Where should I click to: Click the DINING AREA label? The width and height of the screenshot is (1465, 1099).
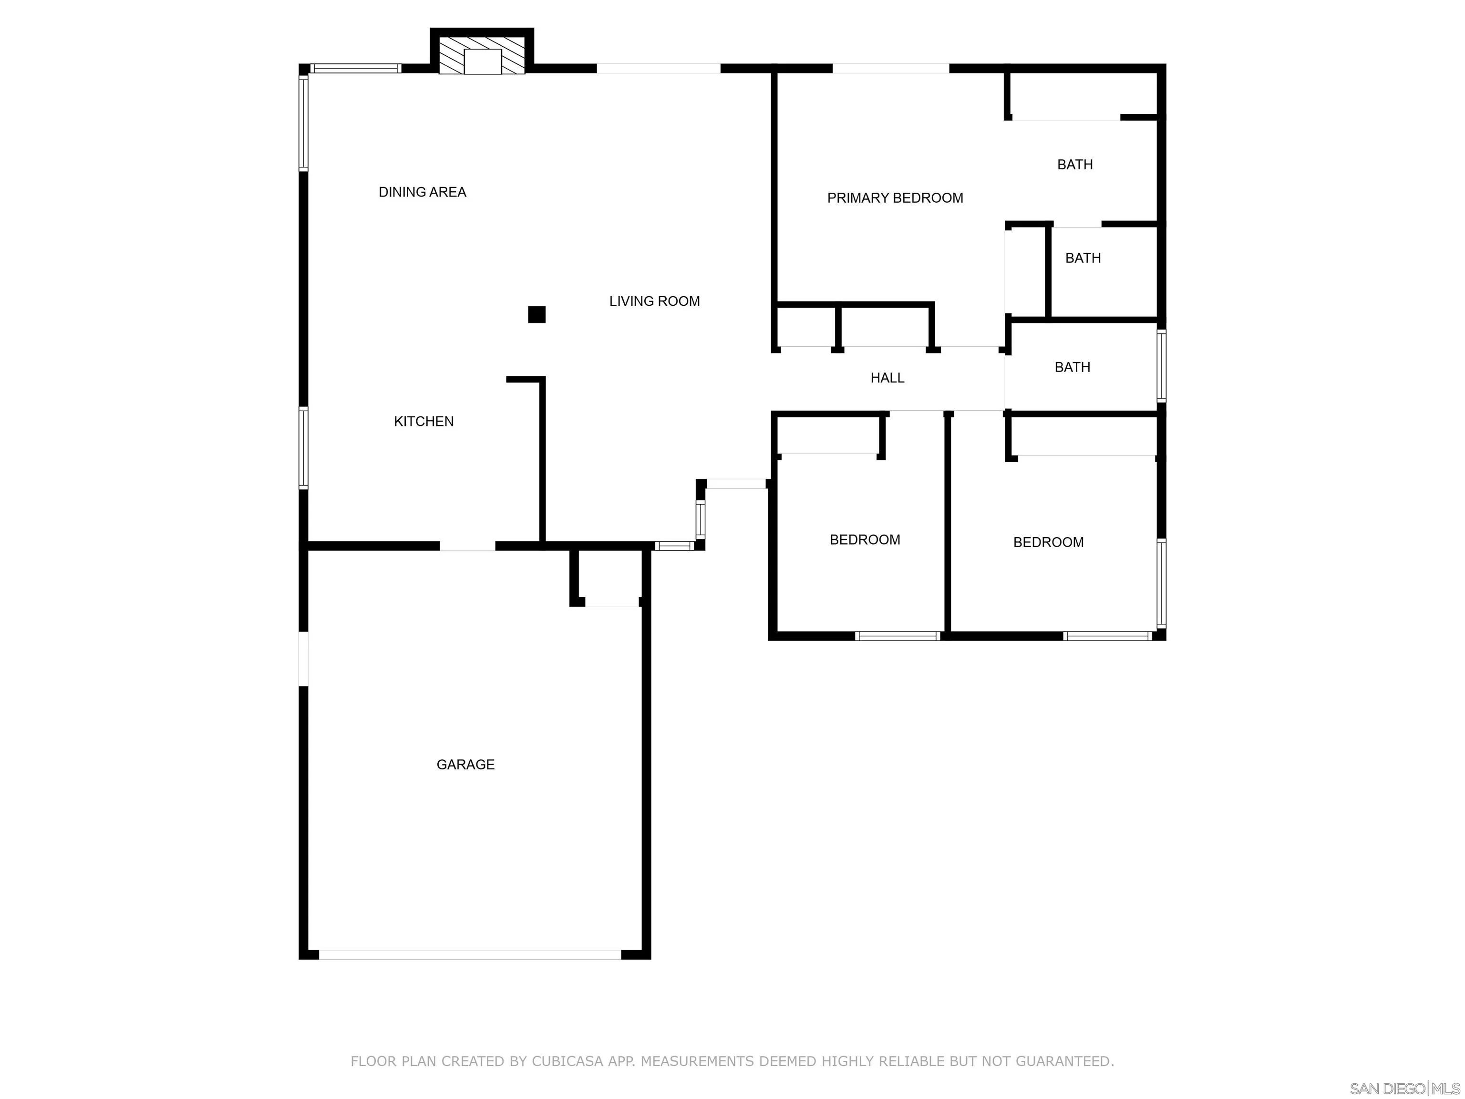coord(422,192)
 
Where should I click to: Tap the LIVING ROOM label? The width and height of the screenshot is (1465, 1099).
coord(654,301)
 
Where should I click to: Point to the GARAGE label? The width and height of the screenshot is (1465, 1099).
coord(465,765)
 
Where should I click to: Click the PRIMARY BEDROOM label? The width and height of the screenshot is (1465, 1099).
coord(894,198)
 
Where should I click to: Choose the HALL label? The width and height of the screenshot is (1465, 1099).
coord(887,378)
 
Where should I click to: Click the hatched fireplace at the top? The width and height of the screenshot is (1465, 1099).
coord(482,56)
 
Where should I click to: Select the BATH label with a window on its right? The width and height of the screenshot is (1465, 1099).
coord(1072,367)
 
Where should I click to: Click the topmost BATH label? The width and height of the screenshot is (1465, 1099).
coord(1074,164)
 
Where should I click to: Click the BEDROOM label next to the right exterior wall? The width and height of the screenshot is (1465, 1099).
coord(1048,542)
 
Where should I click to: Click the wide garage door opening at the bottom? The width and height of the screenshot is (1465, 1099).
coord(470,954)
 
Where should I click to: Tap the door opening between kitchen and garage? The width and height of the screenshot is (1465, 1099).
coord(467,546)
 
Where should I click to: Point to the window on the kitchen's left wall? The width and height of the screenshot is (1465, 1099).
coord(303,448)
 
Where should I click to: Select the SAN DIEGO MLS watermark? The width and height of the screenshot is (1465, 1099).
coord(1404,1089)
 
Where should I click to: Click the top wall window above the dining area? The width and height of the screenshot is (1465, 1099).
coord(356,68)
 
